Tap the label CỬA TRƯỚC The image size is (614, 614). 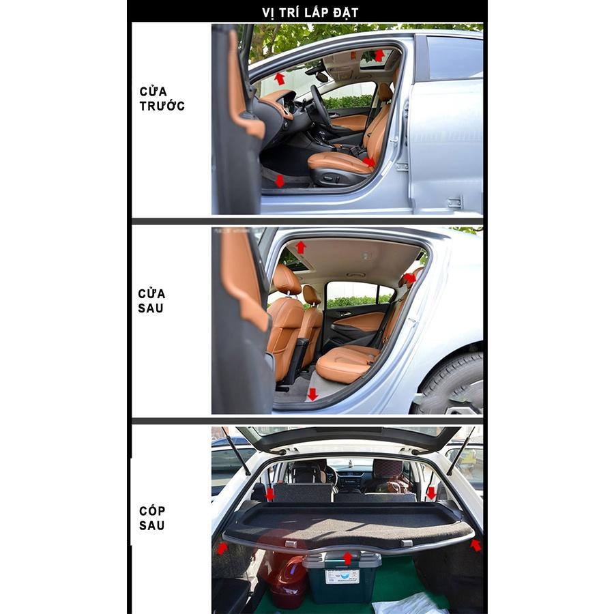162,99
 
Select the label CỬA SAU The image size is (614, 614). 151,300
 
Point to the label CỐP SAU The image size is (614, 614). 152,518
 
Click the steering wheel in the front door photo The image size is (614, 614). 320,106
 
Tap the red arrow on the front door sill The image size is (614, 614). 280,181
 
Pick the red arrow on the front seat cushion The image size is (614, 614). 368,162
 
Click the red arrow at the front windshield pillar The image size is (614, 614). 280,78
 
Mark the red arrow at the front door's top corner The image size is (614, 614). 379,55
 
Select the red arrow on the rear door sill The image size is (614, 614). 312,394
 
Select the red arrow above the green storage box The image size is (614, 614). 347,558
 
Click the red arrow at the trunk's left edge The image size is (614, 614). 222,548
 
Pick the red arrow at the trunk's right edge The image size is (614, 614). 476,544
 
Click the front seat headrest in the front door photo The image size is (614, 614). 385,91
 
